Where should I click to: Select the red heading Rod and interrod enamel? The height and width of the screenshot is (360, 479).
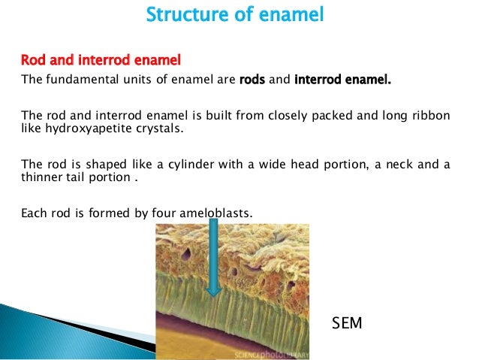click(101, 59)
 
